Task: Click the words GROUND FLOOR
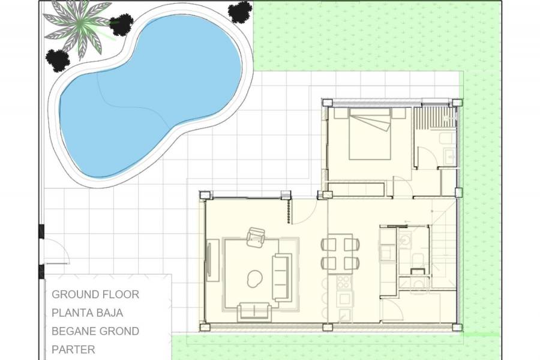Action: point(95,295)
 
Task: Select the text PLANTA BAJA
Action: point(88,313)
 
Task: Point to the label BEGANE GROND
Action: point(95,331)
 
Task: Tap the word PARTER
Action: point(73,349)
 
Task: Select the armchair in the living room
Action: point(256,237)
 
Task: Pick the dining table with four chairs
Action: point(340,253)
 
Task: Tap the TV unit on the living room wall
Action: point(211,261)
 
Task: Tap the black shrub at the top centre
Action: point(240,11)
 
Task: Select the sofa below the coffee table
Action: point(254,311)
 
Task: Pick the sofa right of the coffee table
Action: point(281,277)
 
